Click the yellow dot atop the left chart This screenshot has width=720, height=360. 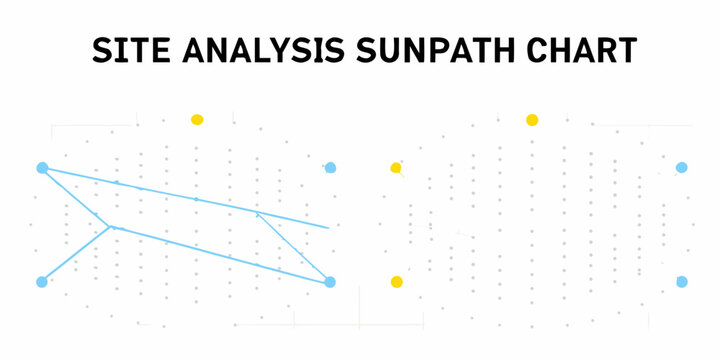click(x=197, y=120)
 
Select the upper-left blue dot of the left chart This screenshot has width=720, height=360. click(x=42, y=168)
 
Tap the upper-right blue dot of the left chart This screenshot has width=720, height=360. click(x=331, y=168)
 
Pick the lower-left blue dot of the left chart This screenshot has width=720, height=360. click(x=42, y=282)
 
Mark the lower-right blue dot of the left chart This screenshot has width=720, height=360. click(x=331, y=282)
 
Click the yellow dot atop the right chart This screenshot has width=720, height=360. click(x=532, y=120)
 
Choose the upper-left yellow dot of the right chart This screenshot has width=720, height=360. click(x=396, y=167)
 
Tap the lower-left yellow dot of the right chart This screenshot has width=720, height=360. click(x=396, y=282)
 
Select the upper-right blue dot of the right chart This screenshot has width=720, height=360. click(x=682, y=168)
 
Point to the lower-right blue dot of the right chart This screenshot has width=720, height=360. click(x=682, y=282)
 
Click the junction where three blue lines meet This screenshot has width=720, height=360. click(x=109, y=227)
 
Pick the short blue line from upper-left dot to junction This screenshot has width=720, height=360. click(x=75, y=197)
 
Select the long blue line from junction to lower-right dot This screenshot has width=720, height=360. click(x=220, y=254)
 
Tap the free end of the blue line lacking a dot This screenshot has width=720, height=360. click(x=328, y=228)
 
